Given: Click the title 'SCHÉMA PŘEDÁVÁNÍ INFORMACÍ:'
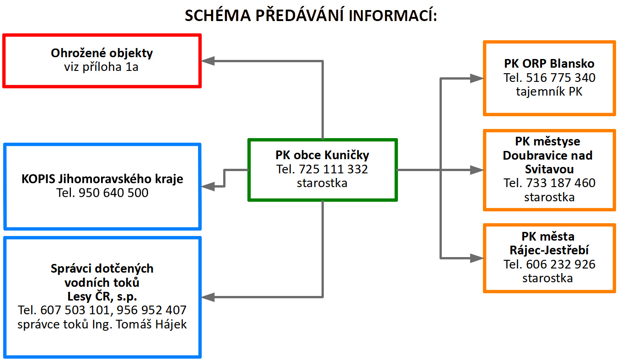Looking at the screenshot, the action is [311, 15].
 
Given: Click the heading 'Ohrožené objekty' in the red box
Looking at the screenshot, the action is [102, 53].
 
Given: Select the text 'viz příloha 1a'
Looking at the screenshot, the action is [101, 67].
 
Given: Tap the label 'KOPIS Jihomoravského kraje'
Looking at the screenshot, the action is [102, 179].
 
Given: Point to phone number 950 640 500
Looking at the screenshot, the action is [113, 193].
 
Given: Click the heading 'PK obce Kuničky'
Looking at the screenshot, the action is [322, 155].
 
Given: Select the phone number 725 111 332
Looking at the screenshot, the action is [333, 169].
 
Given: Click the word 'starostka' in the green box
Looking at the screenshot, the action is [322, 183].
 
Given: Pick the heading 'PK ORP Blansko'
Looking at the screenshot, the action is [549, 64].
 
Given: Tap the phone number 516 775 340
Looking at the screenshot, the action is [561, 78].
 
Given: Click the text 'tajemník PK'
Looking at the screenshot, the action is [549, 91].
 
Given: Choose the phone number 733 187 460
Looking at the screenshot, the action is [561, 183].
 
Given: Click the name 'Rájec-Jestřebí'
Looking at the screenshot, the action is [549, 251].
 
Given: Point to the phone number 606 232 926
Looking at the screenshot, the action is [561, 264].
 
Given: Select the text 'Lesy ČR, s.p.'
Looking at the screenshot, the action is [102, 296].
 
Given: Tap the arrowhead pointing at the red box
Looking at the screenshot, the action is [208, 61].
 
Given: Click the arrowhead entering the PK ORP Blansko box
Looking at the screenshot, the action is [477, 79].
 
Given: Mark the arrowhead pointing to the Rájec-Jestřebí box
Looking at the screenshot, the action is [477, 258].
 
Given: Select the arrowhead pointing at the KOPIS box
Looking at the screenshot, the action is [208, 186].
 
